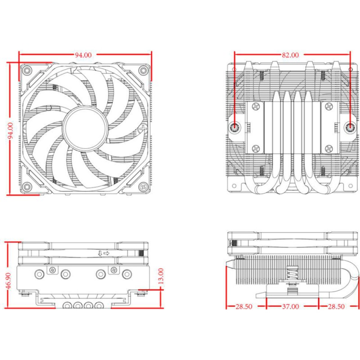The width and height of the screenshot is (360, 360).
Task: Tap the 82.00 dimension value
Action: pos(290,55)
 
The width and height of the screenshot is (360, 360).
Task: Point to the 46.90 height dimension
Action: pos(8,275)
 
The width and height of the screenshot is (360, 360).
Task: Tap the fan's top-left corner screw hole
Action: pos(27,71)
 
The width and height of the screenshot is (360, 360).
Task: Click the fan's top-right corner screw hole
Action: pos(143,71)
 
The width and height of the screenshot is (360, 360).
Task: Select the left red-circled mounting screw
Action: pos(235,128)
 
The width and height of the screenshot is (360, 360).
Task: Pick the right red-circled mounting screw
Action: pos(350,128)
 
